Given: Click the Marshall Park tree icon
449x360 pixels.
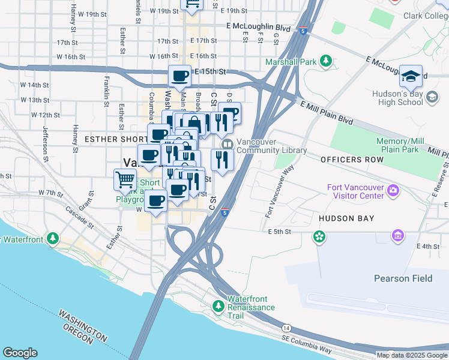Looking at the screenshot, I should click(x=326, y=61).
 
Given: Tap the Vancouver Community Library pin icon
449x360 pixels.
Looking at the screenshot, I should click(x=228, y=144).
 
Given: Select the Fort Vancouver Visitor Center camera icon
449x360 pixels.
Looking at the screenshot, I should click(x=393, y=191).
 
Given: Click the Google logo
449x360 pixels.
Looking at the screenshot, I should click(x=20, y=353).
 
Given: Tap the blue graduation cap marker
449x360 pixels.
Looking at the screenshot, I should click(x=411, y=76).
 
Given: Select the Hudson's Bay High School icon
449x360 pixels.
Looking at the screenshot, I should click(x=432, y=97).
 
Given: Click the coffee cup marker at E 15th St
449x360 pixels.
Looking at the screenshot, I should click(x=179, y=76).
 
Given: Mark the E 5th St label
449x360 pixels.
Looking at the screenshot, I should click(x=279, y=231).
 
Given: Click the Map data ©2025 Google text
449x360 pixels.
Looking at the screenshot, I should click(x=411, y=355).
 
